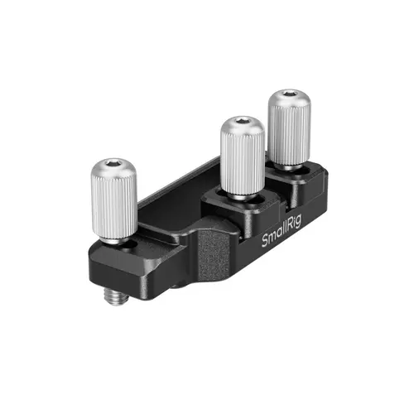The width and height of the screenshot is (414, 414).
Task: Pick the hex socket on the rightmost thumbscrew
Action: click(286, 97)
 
